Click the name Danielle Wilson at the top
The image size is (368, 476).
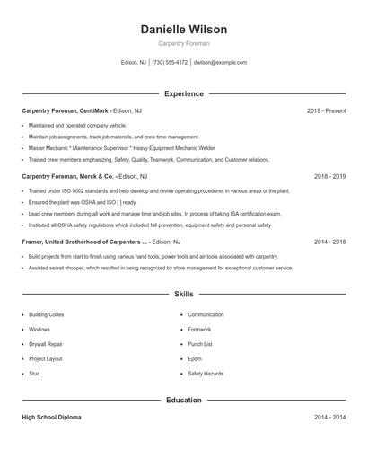(184, 30)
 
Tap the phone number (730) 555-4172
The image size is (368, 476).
(170, 63)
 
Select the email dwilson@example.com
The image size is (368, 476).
(220, 63)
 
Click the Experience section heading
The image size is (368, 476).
(184, 93)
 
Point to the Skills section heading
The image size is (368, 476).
(184, 294)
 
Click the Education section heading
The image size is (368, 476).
(184, 400)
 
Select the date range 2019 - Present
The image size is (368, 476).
(326, 110)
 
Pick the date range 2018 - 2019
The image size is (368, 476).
(329, 176)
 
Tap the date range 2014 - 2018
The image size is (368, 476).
(329, 242)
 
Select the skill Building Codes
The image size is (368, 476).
(46, 315)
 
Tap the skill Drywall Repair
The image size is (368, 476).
(46, 344)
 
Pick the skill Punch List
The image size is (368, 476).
(200, 344)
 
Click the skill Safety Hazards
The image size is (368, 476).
(206, 373)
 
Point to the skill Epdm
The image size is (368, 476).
(196, 358)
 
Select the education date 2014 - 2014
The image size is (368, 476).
(329, 418)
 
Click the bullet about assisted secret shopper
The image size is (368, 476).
(161, 268)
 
